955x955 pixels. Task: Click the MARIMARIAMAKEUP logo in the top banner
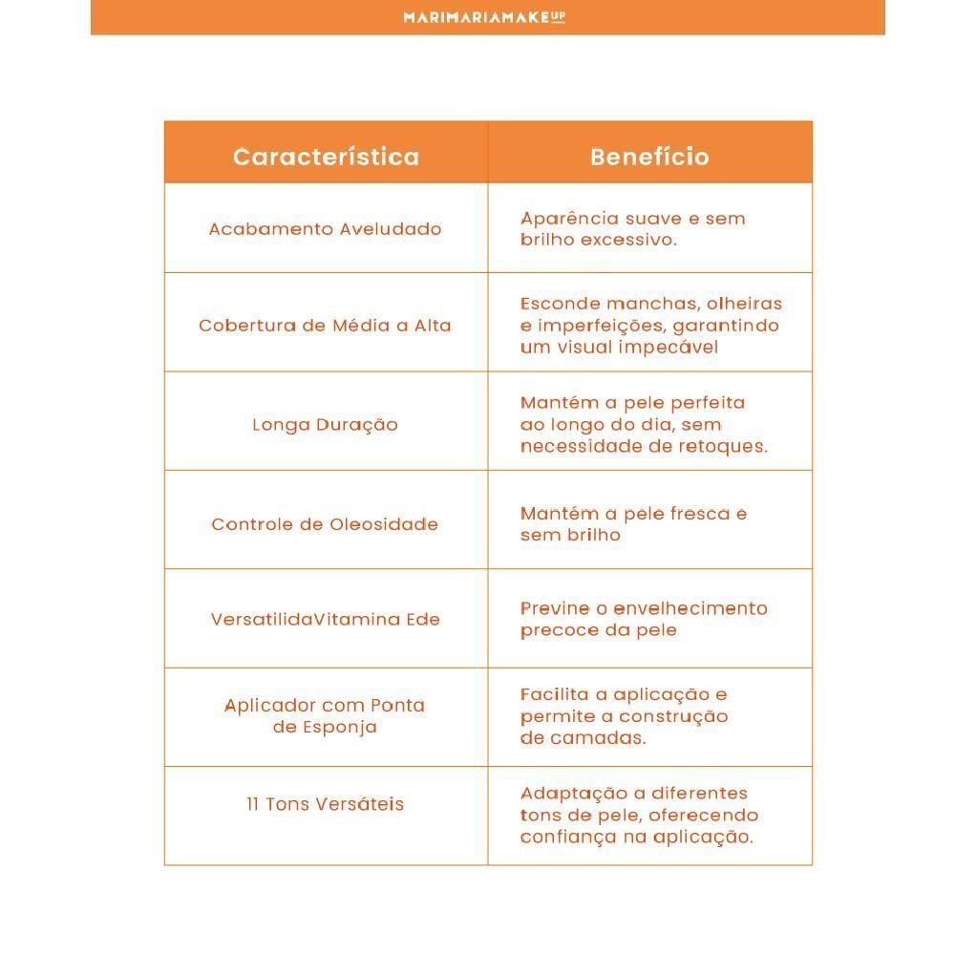click(484, 16)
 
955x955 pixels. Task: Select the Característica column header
click(326, 157)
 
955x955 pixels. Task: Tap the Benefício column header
click(649, 157)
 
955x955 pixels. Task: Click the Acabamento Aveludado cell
click(326, 229)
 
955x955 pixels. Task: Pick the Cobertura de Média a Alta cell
click(326, 326)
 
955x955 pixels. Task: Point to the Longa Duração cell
click(326, 425)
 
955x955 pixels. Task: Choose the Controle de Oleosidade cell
click(326, 524)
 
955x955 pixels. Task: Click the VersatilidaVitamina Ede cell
click(326, 619)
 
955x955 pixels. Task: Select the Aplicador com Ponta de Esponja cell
click(326, 716)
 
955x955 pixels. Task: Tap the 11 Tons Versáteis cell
click(326, 804)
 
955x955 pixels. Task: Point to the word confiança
click(562, 837)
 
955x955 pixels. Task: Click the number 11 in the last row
click(252, 804)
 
